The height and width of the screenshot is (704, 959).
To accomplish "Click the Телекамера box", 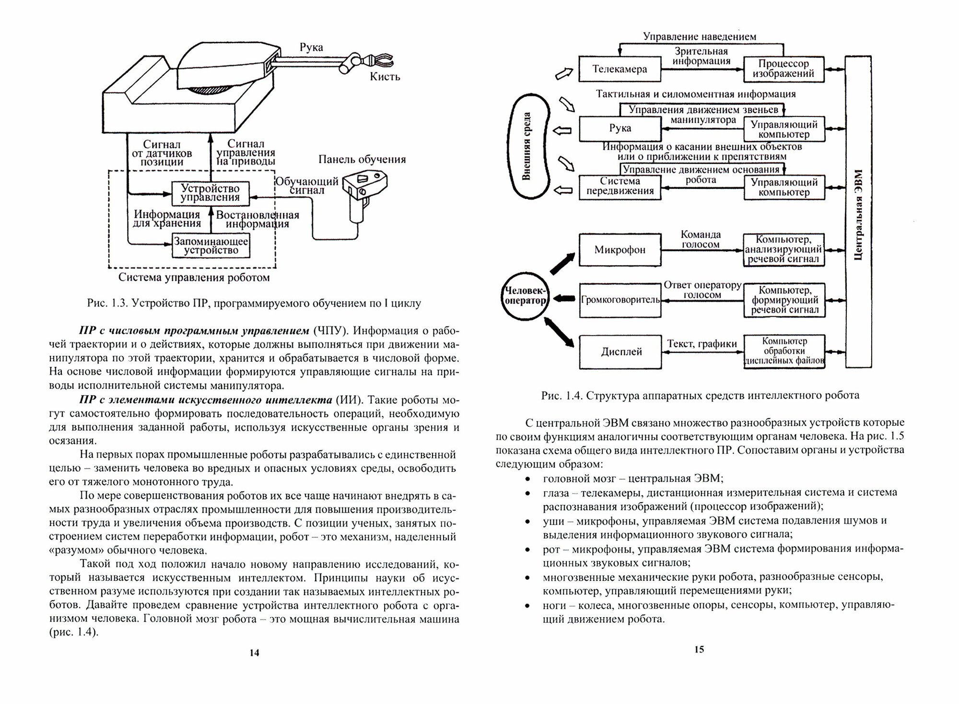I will coord(620,69).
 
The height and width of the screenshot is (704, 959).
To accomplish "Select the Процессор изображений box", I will coord(783,69).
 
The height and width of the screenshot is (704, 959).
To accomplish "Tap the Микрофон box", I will coord(620,250).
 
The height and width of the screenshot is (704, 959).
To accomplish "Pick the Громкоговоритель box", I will coord(620,300).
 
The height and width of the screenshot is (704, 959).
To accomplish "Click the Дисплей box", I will coord(620,352).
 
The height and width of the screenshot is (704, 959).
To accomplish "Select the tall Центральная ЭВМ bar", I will coord(858,211).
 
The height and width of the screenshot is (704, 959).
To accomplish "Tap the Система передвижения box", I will coord(620,187).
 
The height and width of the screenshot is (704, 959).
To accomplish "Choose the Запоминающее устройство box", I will coord(211,246).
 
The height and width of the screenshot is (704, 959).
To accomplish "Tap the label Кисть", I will coord(385,77).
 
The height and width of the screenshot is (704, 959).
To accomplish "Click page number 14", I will coord(254,653).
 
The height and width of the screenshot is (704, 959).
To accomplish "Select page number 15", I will coord(699,650).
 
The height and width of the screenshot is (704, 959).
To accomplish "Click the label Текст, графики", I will coord(702,343).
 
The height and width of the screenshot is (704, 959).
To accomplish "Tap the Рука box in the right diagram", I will coord(620,129).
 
